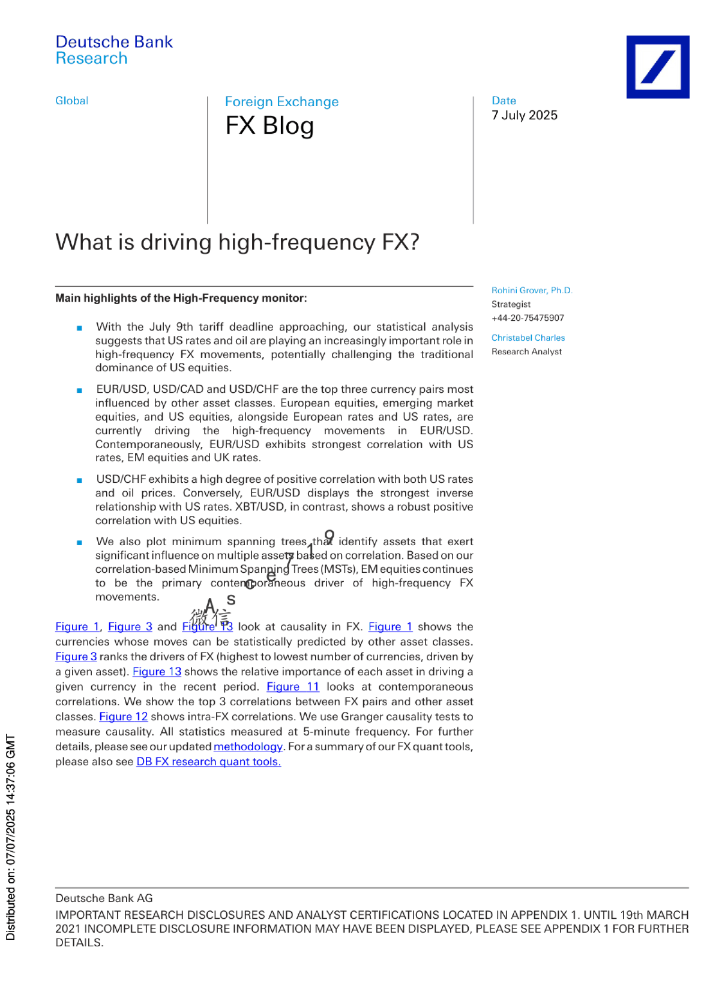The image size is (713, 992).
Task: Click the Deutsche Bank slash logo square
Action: click(x=657, y=67)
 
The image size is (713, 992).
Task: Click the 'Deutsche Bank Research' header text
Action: click(x=113, y=50)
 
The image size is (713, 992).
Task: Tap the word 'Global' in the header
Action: click(x=71, y=101)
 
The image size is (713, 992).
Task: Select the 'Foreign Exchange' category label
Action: click(x=281, y=102)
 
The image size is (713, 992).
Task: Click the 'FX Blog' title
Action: click(x=269, y=126)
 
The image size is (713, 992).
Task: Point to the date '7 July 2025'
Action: click(x=524, y=115)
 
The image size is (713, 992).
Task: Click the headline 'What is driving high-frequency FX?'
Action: click(x=237, y=242)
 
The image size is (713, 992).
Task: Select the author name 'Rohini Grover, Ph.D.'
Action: click(x=532, y=290)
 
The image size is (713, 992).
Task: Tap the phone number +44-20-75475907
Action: click(x=528, y=318)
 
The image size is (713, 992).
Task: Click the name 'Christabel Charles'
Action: click(x=528, y=338)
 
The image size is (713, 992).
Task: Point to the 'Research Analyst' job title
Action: click(x=526, y=351)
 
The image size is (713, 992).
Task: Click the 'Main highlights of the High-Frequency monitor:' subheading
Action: click(x=181, y=298)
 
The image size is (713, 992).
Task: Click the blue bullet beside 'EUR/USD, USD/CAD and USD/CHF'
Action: click(x=79, y=390)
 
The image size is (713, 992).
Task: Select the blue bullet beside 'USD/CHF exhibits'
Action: click(x=79, y=480)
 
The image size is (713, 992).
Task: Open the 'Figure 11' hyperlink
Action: click(x=293, y=687)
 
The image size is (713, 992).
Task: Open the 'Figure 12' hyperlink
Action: click(x=123, y=717)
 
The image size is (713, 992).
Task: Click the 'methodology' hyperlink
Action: click(x=248, y=747)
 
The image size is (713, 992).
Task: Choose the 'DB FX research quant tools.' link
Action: click(x=208, y=762)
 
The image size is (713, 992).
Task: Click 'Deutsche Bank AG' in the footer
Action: click(x=104, y=898)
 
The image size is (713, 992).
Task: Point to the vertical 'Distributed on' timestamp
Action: click(x=10, y=837)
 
